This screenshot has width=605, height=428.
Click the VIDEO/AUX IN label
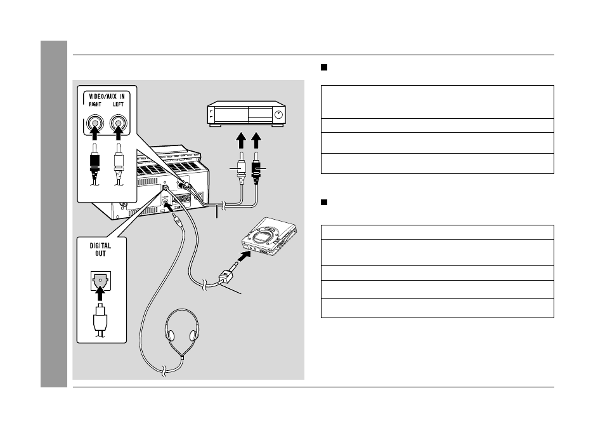pyautogui.click(x=107, y=96)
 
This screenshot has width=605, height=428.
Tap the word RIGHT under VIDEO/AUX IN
pyautogui.click(x=95, y=104)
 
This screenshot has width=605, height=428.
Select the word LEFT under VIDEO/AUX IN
pyautogui.click(x=118, y=104)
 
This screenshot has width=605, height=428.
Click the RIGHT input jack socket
pyautogui.click(x=95, y=123)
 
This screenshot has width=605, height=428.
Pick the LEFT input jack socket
pyautogui.click(x=118, y=123)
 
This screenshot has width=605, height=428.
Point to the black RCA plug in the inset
pyautogui.click(x=94, y=160)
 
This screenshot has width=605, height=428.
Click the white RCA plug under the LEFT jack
pyautogui.click(x=119, y=160)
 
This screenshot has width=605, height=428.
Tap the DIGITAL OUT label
pyautogui.click(x=100, y=250)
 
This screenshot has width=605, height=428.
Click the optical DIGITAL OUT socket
pyautogui.click(x=100, y=281)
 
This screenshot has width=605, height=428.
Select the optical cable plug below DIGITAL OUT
pyautogui.click(x=100, y=319)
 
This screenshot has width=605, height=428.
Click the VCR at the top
pyautogui.click(x=247, y=114)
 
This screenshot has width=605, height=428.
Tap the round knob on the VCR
pyautogui.click(x=279, y=114)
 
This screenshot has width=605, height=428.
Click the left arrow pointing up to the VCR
pyautogui.click(x=241, y=140)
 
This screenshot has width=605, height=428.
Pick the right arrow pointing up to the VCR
pyautogui.click(x=256, y=140)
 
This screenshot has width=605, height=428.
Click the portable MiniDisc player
pyautogui.click(x=270, y=236)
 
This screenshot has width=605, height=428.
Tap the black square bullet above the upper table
pyautogui.click(x=324, y=67)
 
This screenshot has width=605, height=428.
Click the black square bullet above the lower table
pyautogui.click(x=324, y=202)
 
